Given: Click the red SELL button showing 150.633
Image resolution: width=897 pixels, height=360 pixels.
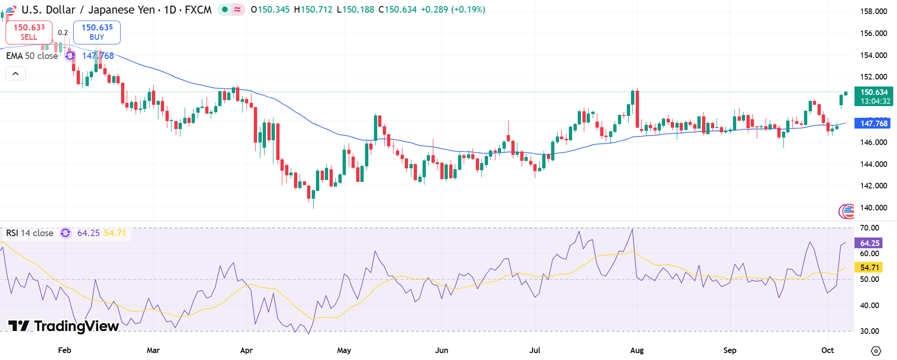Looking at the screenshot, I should coord(29,32).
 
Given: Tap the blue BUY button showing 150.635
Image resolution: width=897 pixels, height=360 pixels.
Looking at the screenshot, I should coord(97,32).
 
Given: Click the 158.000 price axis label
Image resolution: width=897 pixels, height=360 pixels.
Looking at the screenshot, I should coord(873,11).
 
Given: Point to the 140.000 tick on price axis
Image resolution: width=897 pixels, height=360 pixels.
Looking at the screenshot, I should coord(873,208).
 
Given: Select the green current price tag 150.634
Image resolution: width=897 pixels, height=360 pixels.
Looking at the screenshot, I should coord(873,96).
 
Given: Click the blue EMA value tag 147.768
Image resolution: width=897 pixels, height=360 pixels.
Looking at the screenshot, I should coord(873,123).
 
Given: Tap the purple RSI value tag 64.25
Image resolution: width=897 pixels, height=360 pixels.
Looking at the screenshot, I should coord(869,243).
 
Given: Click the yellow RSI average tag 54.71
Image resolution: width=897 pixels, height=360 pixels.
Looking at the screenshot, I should coord(869,267).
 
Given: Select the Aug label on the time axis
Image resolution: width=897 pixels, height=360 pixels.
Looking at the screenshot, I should coord(637,350).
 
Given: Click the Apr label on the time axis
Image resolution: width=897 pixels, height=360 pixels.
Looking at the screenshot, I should coord(246,350).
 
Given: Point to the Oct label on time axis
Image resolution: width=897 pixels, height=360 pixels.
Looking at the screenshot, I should coord(827,350).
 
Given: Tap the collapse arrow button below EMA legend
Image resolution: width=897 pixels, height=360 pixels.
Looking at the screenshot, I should coord(15,73).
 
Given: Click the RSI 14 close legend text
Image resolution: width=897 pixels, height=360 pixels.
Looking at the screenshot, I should coord(30,233).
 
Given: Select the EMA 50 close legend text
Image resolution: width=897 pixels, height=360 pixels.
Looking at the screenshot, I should coord(32,56).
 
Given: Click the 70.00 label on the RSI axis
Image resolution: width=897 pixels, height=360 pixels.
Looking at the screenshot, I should coord(869,228).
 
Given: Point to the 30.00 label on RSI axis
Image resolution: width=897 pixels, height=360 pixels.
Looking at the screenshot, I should coord(869,331).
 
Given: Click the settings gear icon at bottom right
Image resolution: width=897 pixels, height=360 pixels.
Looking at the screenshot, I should coord(876,351).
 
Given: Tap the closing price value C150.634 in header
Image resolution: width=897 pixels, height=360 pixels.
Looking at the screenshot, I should coord(397,9).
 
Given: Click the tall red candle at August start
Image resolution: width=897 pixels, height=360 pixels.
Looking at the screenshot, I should coord(637,109).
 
